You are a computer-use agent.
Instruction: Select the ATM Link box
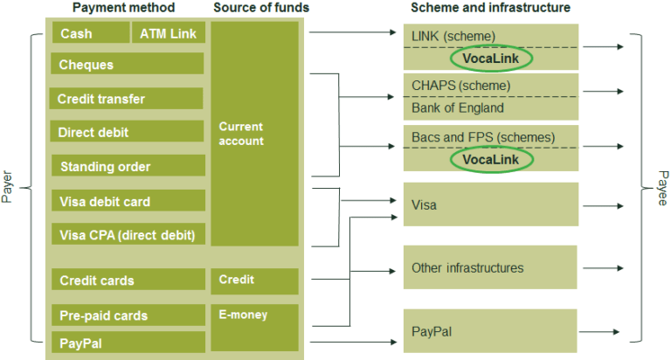[x=169, y=33]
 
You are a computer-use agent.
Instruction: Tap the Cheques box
[x=128, y=65]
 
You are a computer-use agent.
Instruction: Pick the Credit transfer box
[x=128, y=99]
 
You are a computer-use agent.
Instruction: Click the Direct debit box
[x=128, y=133]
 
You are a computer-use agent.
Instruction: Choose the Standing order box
[x=128, y=167]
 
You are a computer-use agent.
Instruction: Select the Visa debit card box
[x=128, y=202]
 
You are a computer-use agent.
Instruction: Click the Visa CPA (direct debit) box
[x=128, y=235]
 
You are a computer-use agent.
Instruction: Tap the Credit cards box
[x=128, y=280]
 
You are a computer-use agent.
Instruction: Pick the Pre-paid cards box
[x=128, y=315]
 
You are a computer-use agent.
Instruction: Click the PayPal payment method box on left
[x=128, y=343]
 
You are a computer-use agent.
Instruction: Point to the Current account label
[x=241, y=134]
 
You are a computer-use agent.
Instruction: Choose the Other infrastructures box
[x=489, y=267]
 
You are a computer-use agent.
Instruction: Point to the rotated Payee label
[x=661, y=187]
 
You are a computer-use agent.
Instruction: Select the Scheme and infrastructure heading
[x=490, y=8]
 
